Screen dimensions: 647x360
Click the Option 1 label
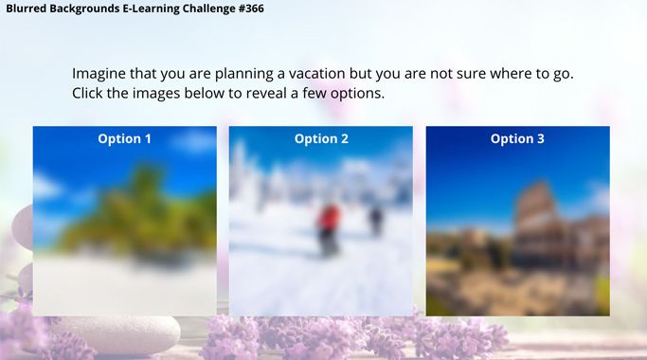125,138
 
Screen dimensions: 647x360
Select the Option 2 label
321,138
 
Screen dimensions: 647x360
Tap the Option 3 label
517,138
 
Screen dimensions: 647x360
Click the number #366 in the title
251,9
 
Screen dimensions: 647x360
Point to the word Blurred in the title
26,9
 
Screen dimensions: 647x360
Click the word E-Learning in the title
152,9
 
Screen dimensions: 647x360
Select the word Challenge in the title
209,9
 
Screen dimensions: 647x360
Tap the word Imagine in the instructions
99,74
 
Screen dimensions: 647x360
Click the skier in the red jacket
329,228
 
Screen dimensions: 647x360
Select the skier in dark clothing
375,221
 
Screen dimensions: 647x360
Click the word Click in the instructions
87,93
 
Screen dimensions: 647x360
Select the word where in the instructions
511,74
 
